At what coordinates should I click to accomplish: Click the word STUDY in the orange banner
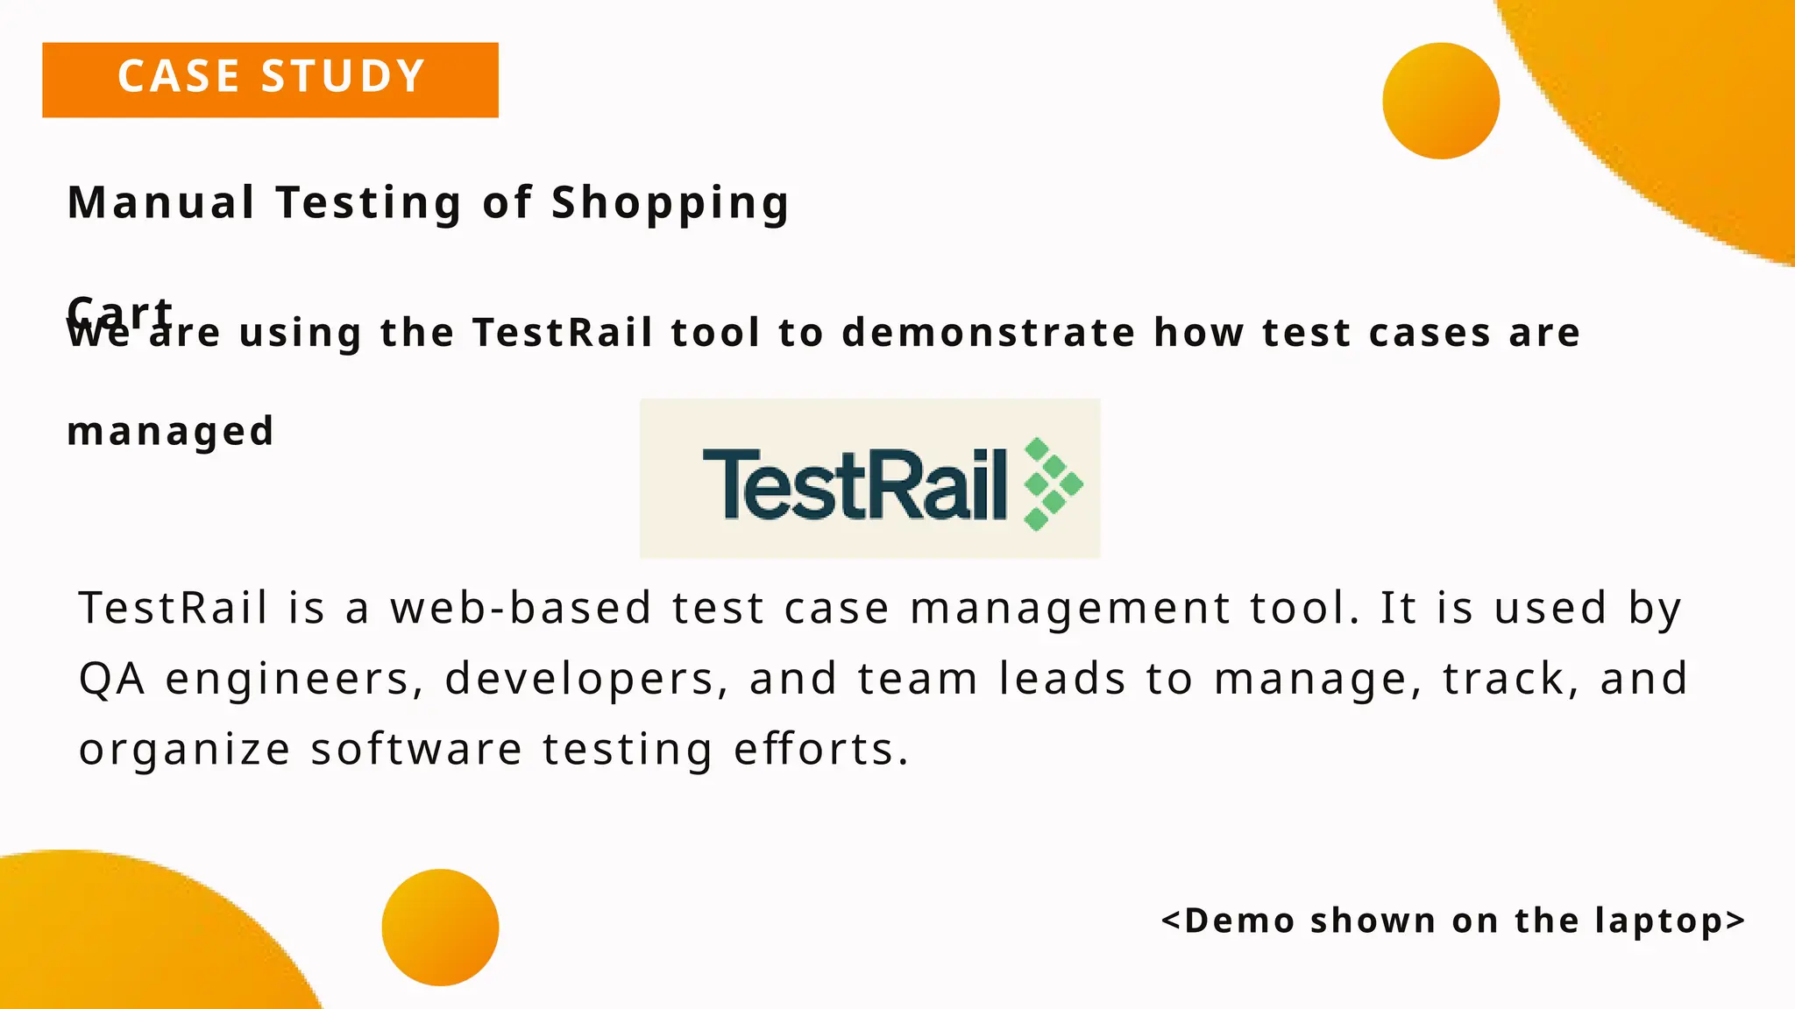coord(343,77)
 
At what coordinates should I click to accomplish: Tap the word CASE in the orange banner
coord(180,77)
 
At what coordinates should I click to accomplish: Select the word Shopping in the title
coord(670,203)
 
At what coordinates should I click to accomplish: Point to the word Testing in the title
coord(369,203)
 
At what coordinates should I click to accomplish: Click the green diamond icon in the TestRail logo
coord(1053,483)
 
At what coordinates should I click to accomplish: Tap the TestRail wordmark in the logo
coord(855,484)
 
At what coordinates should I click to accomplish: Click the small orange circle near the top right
coord(1440,101)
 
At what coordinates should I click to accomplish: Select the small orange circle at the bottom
coord(440,927)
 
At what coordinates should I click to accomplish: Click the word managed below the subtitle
coord(171,432)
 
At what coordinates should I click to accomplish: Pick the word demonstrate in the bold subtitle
coord(989,333)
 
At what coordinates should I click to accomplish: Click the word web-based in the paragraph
coord(521,608)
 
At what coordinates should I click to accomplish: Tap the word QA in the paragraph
coord(112,679)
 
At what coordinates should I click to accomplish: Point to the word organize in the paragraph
coord(184,751)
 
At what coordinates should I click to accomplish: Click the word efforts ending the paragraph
coord(821,750)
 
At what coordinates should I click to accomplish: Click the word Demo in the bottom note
coord(1239,921)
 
